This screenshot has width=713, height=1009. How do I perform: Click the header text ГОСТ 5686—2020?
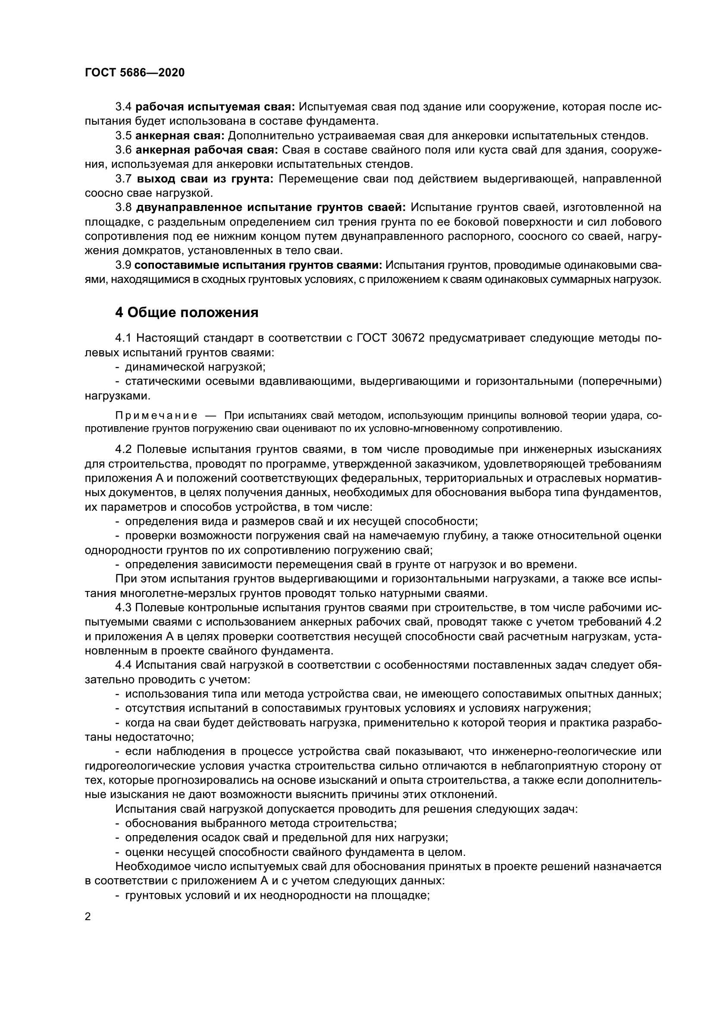[134, 73]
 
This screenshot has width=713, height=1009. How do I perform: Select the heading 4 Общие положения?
[187, 312]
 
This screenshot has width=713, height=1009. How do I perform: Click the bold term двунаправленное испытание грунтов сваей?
[271, 207]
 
